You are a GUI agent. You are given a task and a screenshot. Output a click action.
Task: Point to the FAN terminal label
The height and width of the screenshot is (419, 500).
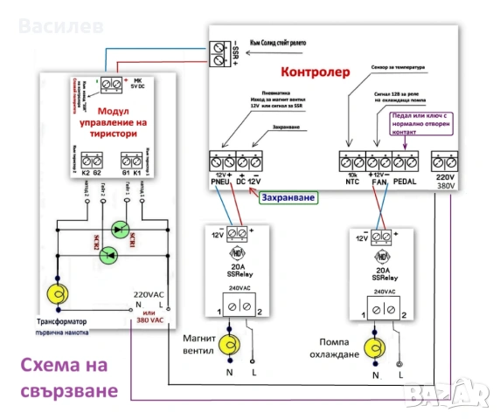point(380,182)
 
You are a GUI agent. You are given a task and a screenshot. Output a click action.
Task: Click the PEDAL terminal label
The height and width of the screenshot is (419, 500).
point(407,182)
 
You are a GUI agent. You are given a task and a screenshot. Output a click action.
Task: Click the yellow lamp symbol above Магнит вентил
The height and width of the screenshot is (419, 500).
point(229,344)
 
